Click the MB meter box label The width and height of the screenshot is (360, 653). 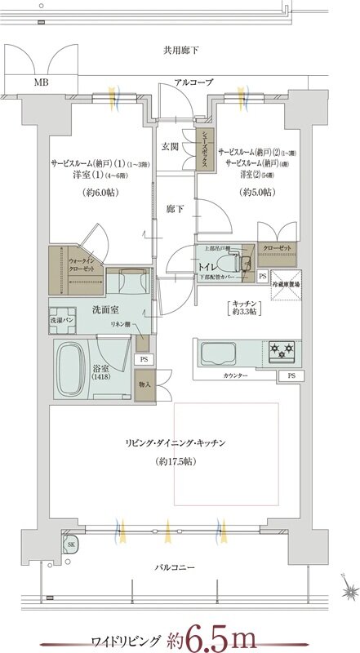click(40, 82)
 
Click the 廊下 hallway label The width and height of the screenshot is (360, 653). click(175, 209)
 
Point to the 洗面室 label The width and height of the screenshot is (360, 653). click(95, 309)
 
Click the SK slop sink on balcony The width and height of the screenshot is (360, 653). click(71, 546)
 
